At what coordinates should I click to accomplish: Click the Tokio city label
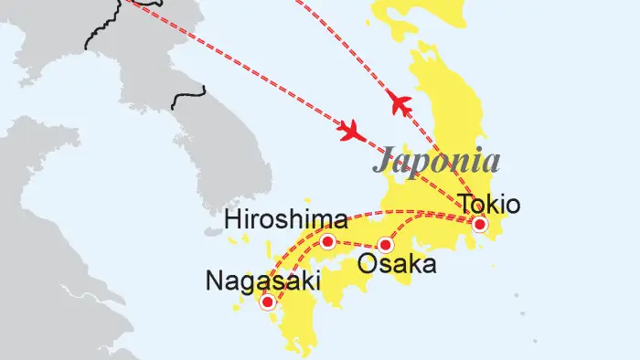(x=490, y=203)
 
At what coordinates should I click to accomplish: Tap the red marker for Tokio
(x=480, y=225)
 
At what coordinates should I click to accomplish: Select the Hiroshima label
(x=287, y=220)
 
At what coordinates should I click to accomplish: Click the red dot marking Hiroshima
(x=327, y=242)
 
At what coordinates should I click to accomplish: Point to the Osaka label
(x=397, y=266)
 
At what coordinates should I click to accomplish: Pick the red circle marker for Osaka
(x=386, y=245)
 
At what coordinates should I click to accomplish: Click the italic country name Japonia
(x=436, y=161)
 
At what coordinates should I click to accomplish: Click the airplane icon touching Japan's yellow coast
(x=400, y=104)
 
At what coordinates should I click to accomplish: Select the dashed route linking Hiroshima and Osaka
(x=357, y=243)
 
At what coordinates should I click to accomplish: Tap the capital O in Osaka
(x=367, y=266)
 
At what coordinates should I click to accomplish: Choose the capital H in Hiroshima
(x=234, y=220)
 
